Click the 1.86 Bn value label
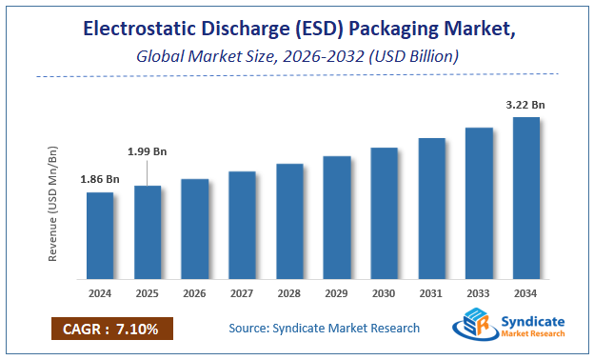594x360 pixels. coord(100,179)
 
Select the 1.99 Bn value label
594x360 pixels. coord(148,150)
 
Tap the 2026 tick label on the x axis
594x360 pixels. coord(195,293)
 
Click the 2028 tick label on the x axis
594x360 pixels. coord(289,293)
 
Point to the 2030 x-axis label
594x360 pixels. coord(384,293)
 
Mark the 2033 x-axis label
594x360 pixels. coord(479,293)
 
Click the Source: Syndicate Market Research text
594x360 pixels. coord(324,329)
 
